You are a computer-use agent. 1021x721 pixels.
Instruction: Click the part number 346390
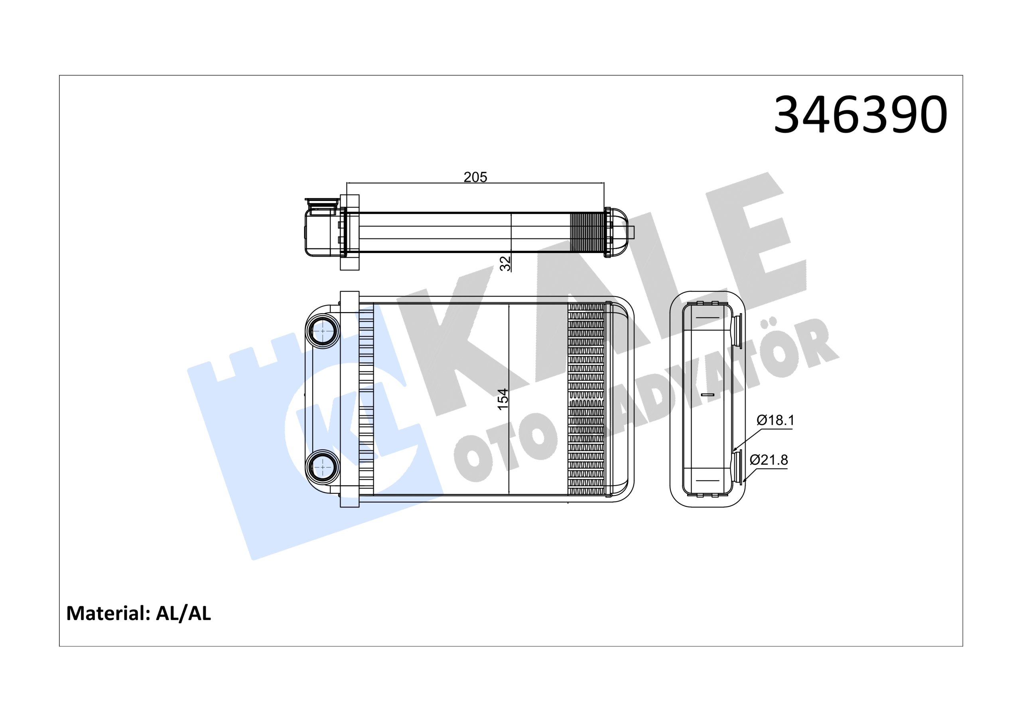[860, 115]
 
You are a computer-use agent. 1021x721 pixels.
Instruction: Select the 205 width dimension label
[475, 177]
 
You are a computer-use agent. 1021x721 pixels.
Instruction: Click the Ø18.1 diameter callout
[775, 420]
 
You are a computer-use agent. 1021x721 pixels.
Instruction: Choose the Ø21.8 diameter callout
[769, 460]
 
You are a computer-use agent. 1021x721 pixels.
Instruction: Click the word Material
[107, 613]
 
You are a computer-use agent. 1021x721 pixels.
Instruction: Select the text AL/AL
[183, 613]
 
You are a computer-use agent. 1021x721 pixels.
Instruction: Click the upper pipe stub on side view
[738, 331]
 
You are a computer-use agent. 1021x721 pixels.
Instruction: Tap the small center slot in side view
[707, 395]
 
